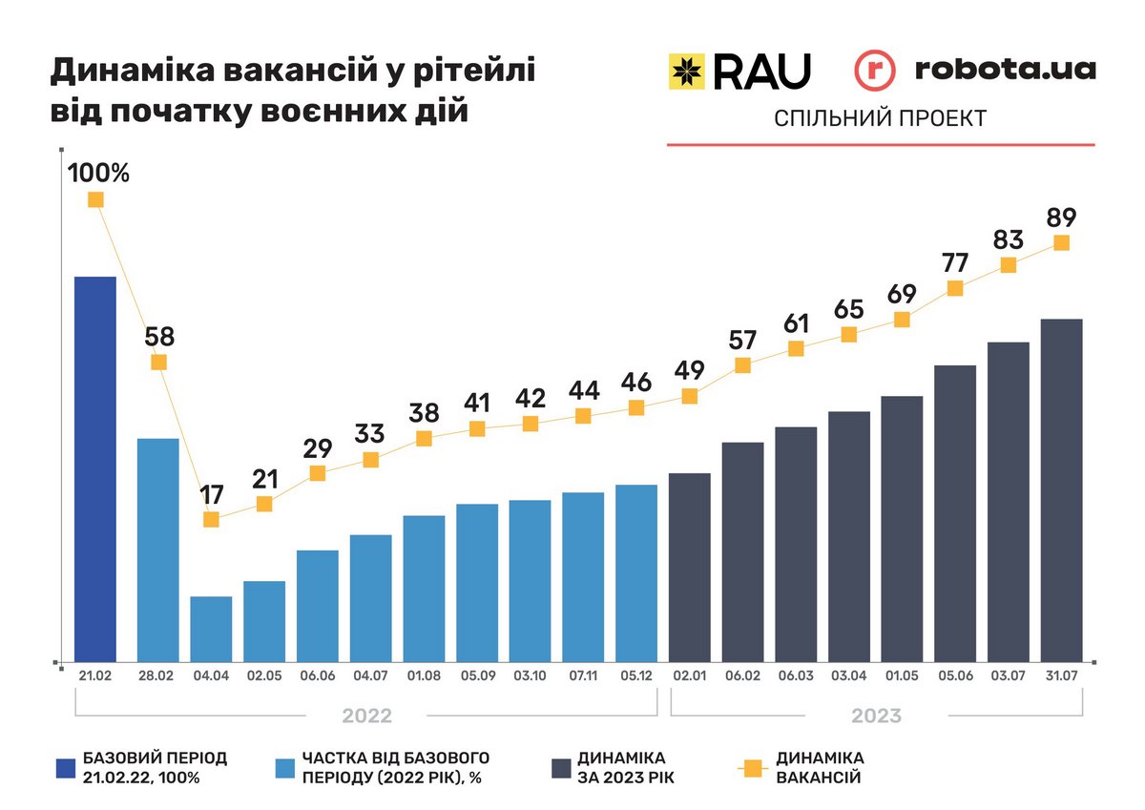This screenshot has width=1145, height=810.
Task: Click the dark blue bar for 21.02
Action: tap(95, 468)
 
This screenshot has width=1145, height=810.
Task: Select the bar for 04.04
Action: tap(212, 629)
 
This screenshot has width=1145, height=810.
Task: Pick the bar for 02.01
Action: tap(690, 567)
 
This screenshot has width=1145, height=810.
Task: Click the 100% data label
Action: tap(98, 174)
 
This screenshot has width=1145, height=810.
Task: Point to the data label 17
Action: tap(212, 495)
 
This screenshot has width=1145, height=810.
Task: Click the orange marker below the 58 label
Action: tap(159, 362)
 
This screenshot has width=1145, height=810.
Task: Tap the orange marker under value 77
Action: tap(955, 288)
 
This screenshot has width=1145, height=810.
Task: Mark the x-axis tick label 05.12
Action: tap(636, 678)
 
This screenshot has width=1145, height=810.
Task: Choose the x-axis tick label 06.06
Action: tap(318, 678)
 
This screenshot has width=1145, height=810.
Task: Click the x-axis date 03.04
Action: tap(849, 678)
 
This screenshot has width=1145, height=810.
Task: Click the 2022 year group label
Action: tap(366, 716)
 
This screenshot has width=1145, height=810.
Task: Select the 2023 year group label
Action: tap(876, 716)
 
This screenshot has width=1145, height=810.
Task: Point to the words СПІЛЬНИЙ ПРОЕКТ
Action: tap(880, 118)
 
